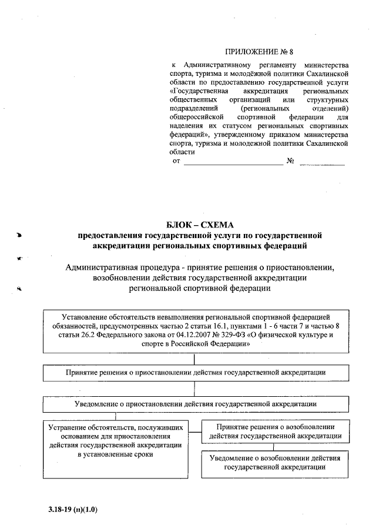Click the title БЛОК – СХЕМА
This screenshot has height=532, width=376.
click(x=199, y=225)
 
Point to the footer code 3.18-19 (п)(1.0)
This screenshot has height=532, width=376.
click(x=73, y=510)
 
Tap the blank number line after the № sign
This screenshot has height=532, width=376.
click(x=322, y=162)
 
